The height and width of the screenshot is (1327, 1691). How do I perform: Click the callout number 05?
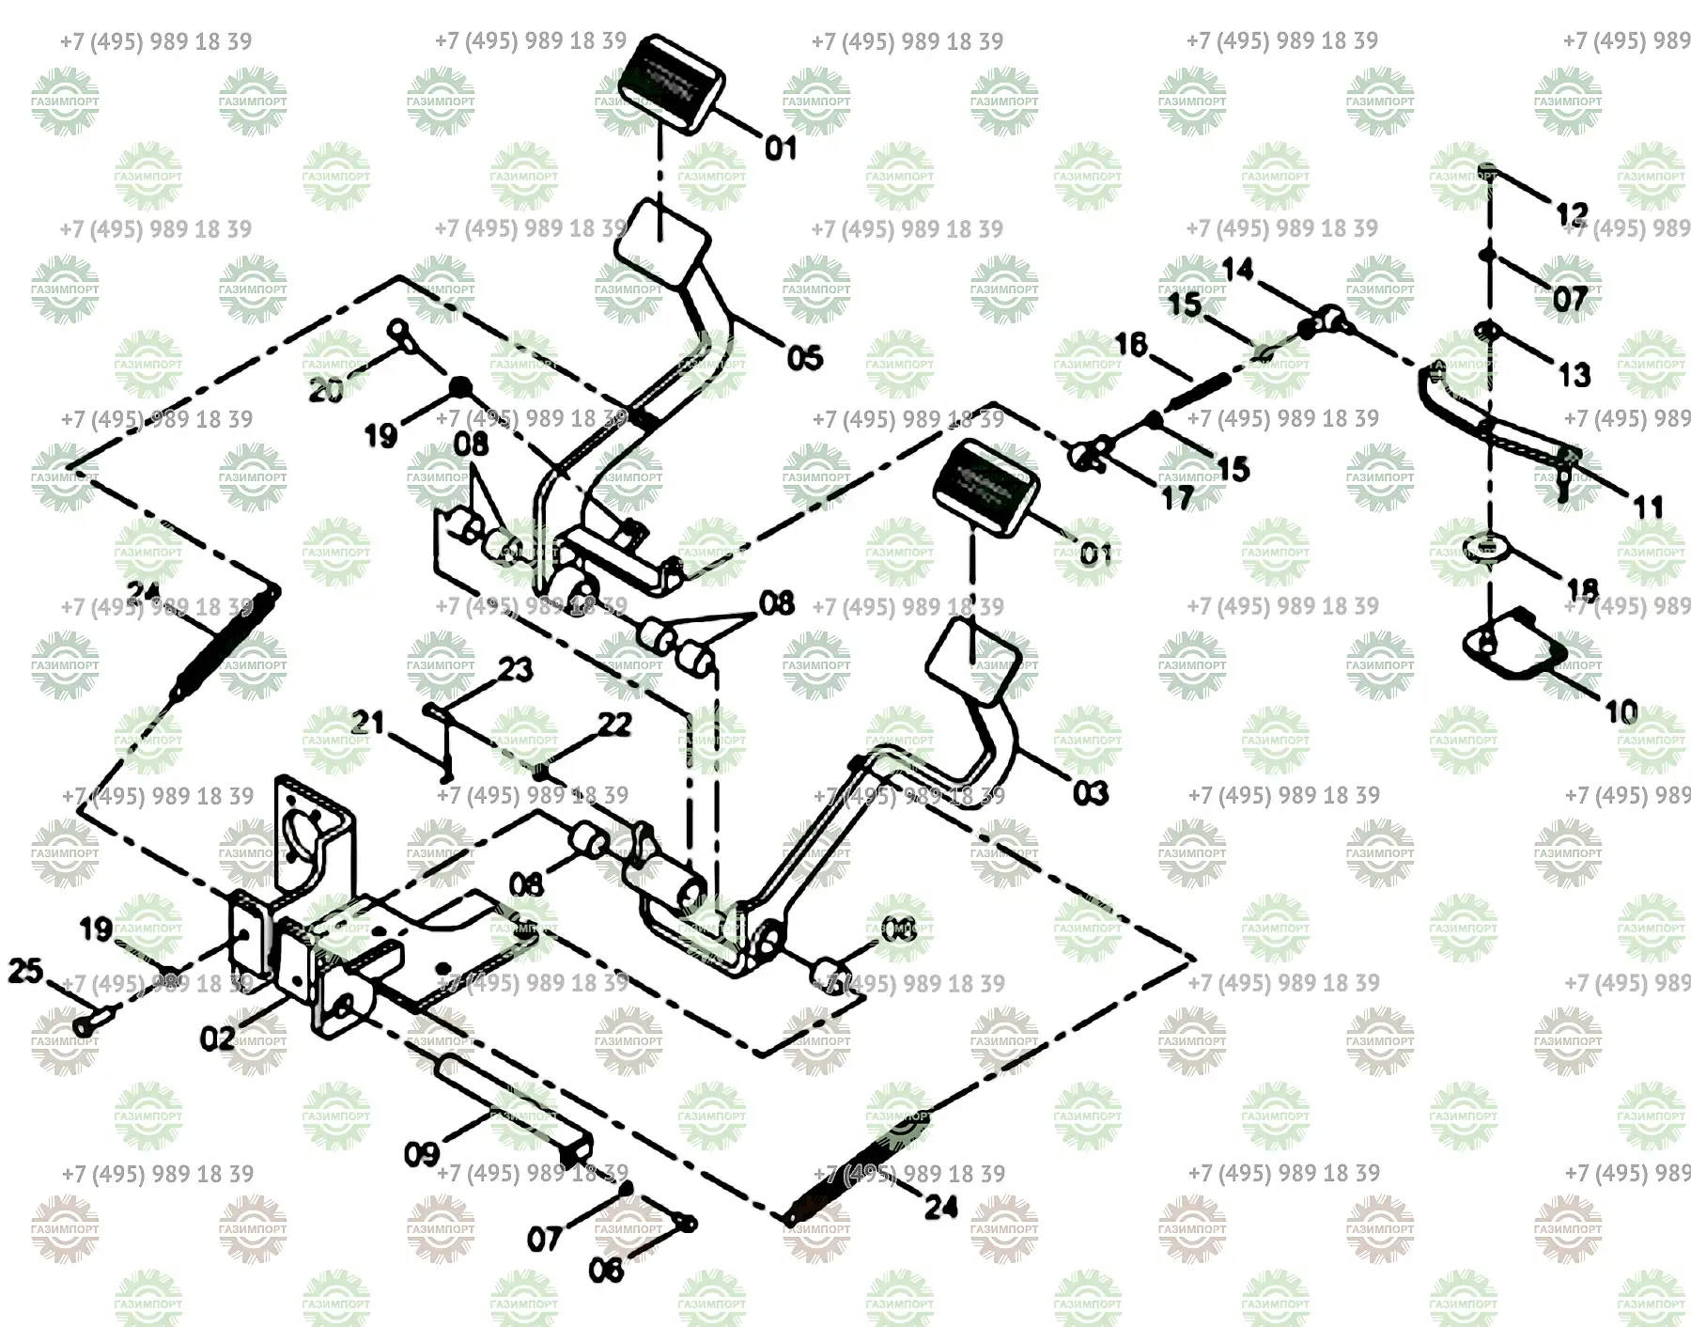point(804,358)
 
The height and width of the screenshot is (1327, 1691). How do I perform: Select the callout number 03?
point(1090,793)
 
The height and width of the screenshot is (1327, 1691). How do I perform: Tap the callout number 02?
point(217,1038)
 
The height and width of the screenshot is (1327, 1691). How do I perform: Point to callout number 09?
point(421,1153)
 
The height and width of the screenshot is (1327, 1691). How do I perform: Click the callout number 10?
point(1621,711)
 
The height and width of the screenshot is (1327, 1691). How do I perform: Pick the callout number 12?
point(1571,214)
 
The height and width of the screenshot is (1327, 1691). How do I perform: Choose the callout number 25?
point(25,971)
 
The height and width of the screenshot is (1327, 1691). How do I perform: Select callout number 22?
point(614,725)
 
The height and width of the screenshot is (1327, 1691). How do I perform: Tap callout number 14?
point(1237,270)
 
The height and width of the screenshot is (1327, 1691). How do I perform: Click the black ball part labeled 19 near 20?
point(459,385)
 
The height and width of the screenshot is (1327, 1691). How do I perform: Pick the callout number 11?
point(1648,507)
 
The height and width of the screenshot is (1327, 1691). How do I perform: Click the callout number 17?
point(1177,497)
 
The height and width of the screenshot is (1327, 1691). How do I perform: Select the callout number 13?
point(1575,375)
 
